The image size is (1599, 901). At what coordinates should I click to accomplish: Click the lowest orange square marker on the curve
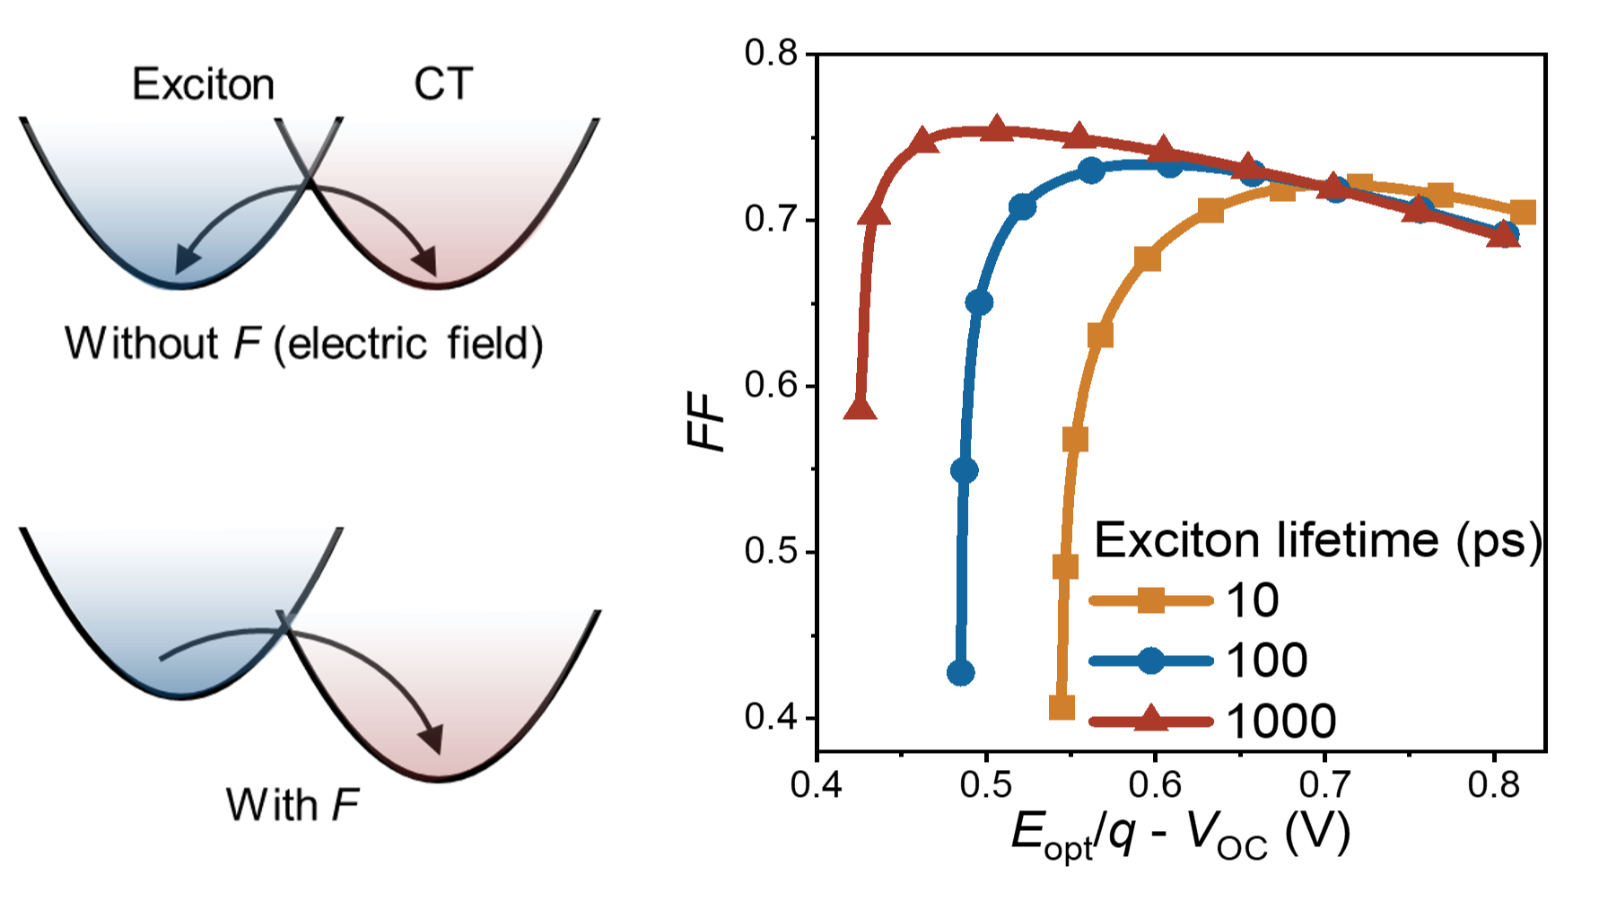tap(1062, 707)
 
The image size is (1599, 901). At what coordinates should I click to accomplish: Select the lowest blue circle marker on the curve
tap(961, 671)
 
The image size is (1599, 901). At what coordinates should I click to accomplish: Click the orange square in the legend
tap(1151, 600)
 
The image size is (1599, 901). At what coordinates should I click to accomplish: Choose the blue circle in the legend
tap(1151, 661)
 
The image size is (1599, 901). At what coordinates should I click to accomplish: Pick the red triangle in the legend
tap(1151, 719)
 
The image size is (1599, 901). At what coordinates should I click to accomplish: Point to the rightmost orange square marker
tap(1524, 212)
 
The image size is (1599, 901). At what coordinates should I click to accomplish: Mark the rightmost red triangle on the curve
tap(1503, 235)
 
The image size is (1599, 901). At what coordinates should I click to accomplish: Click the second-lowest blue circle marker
tap(965, 469)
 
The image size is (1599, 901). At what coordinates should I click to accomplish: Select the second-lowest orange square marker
tap(1065, 566)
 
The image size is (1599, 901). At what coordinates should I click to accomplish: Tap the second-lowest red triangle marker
tap(873, 214)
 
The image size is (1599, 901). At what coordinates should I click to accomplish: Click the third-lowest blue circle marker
tap(980, 302)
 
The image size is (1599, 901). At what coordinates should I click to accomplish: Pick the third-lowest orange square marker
tap(1075, 439)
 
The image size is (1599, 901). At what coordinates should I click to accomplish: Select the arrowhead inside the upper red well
tap(429, 265)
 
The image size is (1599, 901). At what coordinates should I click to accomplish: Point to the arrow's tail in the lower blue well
tap(162, 660)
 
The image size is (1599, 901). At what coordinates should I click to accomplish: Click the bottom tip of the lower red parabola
tap(437, 775)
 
